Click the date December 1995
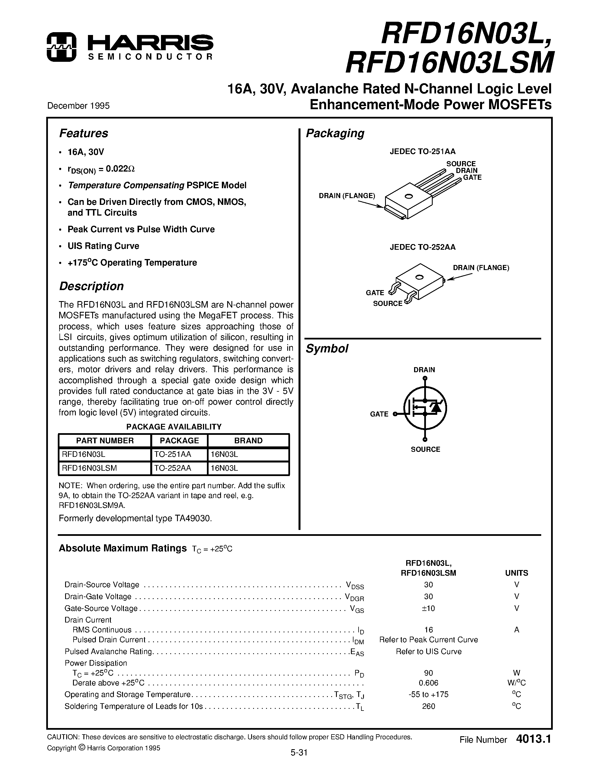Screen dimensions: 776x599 pyautogui.click(x=78, y=106)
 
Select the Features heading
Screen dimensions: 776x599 pyautogui.click(x=83, y=133)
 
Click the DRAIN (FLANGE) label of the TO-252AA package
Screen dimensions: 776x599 pyautogui.click(x=481, y=268)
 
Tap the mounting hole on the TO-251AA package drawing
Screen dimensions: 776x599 pyautogui.click(x=408, y=196)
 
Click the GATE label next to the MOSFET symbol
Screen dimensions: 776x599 pyautogui.click(x=379, y=414)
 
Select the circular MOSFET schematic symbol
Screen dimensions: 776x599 pyautogui.click(x=425, y=409)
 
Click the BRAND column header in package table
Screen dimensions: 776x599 pyautogui.click(x=248, y=440)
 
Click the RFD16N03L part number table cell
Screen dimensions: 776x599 pyautogui.click(x=83, y=454)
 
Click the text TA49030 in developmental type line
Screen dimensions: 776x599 pyautogui.click(x=193, y=518)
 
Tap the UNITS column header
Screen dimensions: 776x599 pyautogui.click(x=516, y=573)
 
